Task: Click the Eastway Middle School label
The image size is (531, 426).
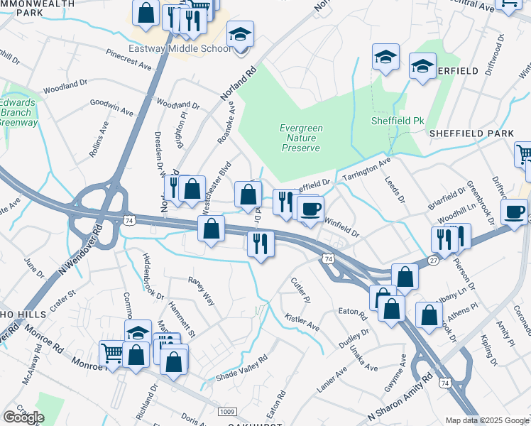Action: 179,49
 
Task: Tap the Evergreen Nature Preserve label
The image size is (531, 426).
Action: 301,138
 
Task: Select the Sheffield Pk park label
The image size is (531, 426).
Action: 398,121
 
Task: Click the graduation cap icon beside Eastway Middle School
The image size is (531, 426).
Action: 241,35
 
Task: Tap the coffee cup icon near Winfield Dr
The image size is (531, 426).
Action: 311,209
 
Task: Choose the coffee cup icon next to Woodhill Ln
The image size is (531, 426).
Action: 514,212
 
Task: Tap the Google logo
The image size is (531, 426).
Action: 23,417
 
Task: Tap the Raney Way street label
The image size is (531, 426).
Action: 201,289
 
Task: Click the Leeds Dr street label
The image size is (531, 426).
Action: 393,188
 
